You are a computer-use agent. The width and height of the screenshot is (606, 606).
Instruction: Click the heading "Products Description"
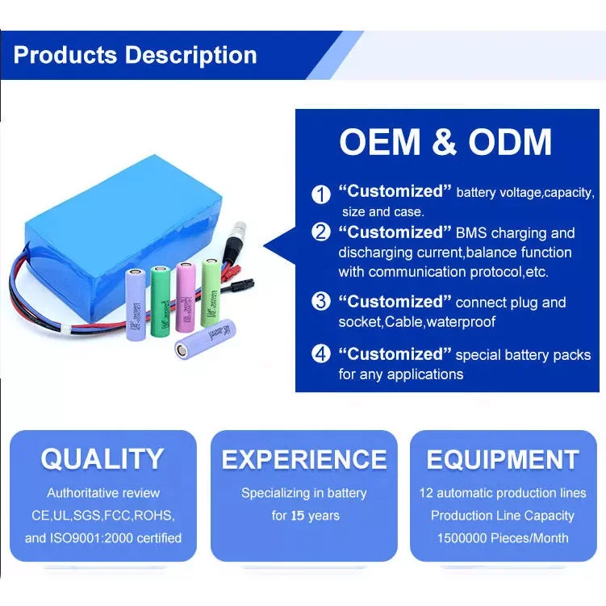click(x=135, y=55)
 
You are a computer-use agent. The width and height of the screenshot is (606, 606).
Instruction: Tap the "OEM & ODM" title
click(x=445, y=142)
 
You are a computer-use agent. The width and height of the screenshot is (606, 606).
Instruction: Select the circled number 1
click(x=321, y=194)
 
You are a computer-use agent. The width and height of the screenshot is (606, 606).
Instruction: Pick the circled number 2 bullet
click(x=321, y=232)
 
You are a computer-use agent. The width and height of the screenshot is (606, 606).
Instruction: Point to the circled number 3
click(x=321, y=302)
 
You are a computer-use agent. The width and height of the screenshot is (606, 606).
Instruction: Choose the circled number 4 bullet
click(x=321, y=353)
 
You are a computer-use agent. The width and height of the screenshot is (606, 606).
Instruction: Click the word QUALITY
click(x=102, y=459)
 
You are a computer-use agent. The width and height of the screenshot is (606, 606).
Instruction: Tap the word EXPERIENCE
click(x=304, y=459)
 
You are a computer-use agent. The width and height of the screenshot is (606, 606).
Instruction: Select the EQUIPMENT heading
click(x=503, y=459)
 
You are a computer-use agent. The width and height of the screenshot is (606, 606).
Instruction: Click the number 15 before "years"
click(x=298, y=516)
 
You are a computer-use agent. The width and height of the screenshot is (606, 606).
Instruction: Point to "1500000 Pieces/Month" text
click(x=503, y=538)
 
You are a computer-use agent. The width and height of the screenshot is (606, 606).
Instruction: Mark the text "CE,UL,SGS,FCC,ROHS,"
click(x=102, y=516)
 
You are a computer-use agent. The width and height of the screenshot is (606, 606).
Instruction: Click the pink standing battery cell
click(x=186, y=297)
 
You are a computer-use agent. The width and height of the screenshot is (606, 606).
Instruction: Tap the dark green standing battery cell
click(x=160, y=302)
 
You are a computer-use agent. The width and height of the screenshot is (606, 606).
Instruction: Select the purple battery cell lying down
click(x=205, y=339)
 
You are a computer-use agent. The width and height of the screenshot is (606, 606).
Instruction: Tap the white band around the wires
click(x=66, y=330)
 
